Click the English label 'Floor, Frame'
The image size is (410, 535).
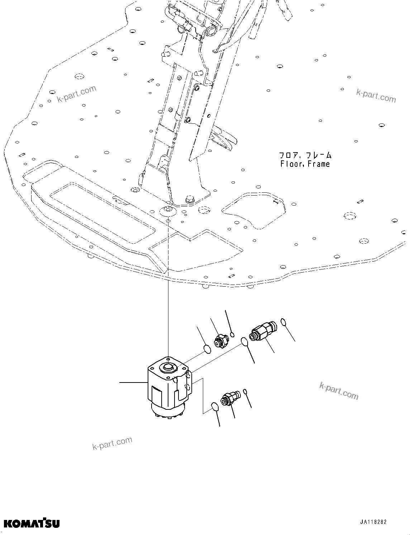305,164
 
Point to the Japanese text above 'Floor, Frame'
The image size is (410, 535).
305,155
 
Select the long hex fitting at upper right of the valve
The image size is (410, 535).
263,331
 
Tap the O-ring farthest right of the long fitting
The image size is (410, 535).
283,322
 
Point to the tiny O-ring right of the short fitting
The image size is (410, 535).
232,335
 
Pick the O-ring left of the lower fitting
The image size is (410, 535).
214,407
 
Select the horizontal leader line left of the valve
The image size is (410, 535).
133,383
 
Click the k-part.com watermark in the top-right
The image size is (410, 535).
376,95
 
